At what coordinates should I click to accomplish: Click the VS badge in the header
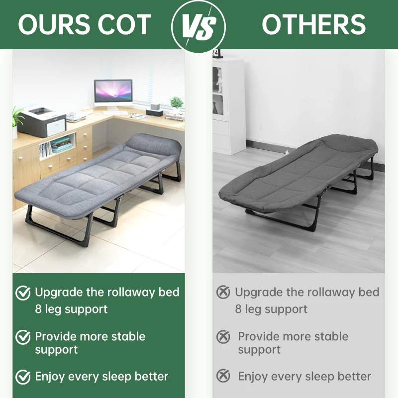tap(198, 25)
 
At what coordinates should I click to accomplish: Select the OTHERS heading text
tap(313, 24)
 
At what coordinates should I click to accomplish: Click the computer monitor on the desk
tap(113, 93)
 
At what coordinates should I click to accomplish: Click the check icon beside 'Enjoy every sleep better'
tap(23, 377)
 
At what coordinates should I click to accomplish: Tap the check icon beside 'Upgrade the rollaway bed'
tap(23, 293)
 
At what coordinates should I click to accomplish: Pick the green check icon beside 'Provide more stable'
tap(23, 337)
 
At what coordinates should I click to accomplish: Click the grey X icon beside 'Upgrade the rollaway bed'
tap(223, 293)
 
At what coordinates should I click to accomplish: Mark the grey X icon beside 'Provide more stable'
tap(223, 337)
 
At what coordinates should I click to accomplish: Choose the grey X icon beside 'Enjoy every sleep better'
tap(223, 377)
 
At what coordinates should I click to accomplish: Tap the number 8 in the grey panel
tap(238, 309)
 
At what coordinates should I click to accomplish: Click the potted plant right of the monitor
tap(177, 103)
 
